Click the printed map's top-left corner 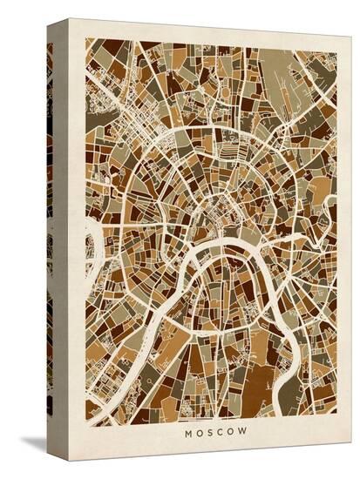[x=86, y=38]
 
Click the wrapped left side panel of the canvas [x=58, y=235]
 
